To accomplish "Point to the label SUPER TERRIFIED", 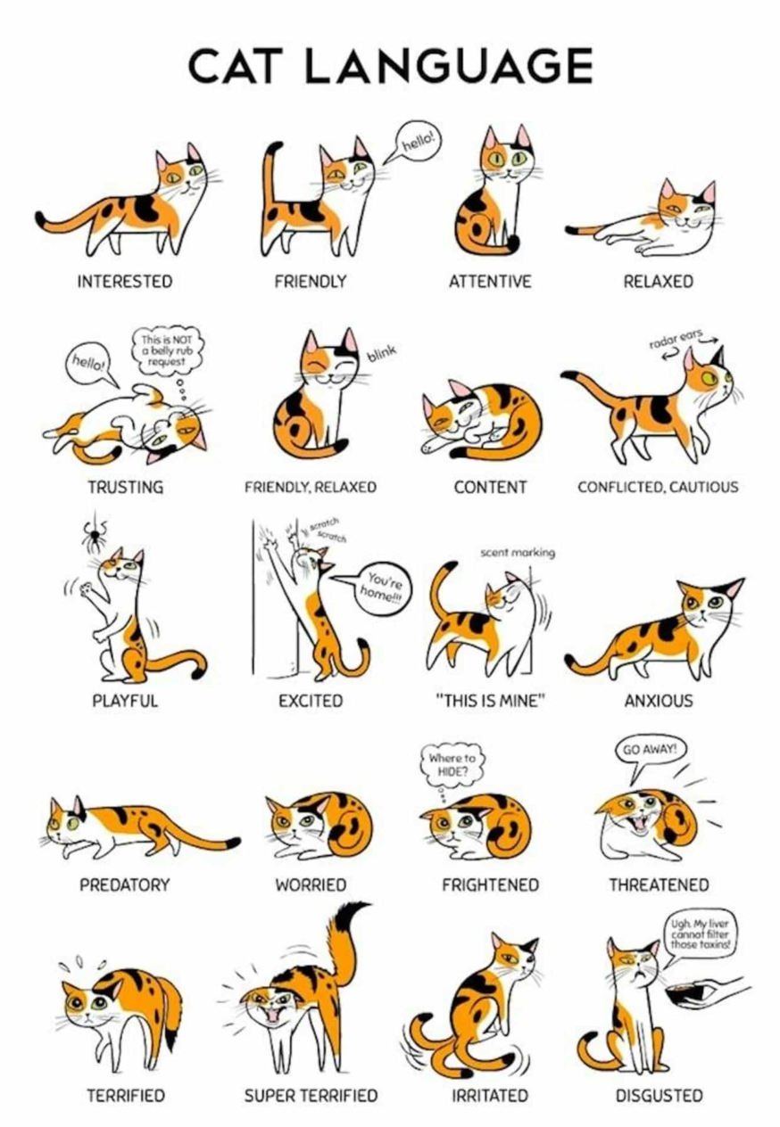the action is (311, 1095).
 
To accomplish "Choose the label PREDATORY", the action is (124, 885).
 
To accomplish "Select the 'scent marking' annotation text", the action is (518, 553).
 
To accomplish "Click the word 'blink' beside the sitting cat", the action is (381, 353).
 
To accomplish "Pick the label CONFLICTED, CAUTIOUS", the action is (658, 487).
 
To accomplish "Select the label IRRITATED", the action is (490, 1095).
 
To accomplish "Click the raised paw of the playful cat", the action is (87, 588).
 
